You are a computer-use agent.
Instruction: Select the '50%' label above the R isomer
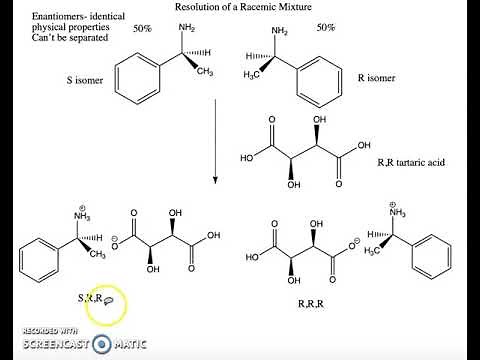pos(325,28)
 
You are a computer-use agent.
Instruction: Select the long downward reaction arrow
pos(215,139)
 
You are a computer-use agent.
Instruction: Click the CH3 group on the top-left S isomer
pos(204,72)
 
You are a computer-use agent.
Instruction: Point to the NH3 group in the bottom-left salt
pos(84,214)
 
